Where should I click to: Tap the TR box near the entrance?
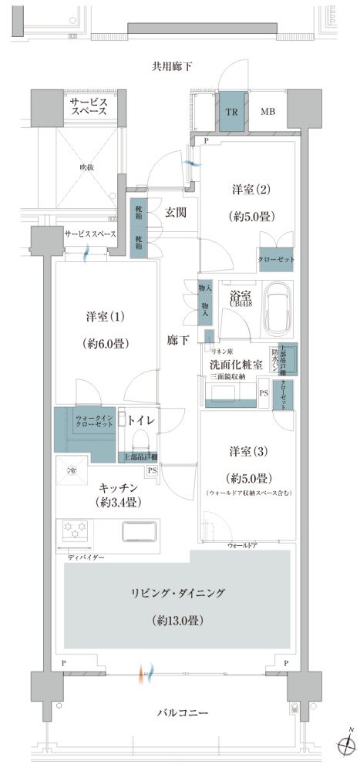pyautogui.click(x=230, y=110)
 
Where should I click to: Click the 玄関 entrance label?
pyautogui.click(x=174, y=212)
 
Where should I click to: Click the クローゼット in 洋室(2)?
pyautogui.click(x=276, y=260)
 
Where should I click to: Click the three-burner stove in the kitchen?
pyautogui.click(x=76, y=531)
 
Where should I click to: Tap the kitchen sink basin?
pyautogui.click(x=139, y=532)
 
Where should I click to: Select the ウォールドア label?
pyautogui.click(x=241, y=545)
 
